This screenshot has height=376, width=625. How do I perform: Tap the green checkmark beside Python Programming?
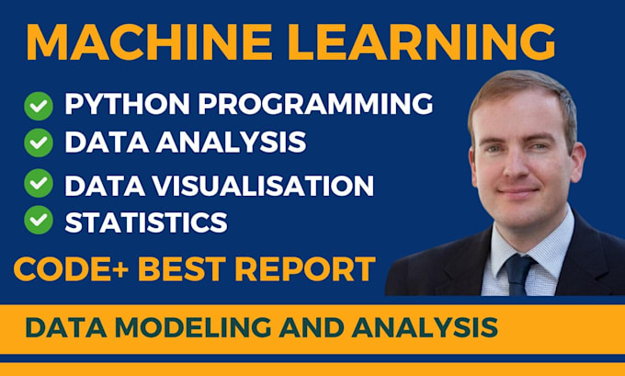point(39,107)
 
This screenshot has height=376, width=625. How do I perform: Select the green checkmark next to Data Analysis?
point(39,142)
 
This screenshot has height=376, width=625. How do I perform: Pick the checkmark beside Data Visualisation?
point(39,184)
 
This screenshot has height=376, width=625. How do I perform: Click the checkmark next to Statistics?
point(39,220)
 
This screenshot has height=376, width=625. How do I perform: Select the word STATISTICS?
point(146,221)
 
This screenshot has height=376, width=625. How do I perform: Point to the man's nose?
point(517,167)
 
